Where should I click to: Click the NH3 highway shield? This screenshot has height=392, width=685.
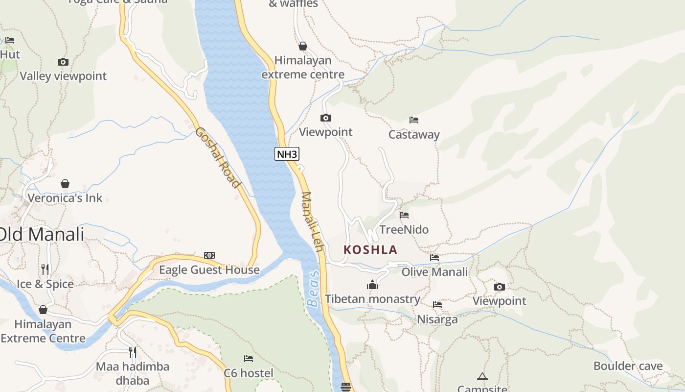point(287,154)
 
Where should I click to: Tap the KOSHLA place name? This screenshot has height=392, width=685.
point(370,250)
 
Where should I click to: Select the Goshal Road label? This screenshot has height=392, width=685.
point(218,157)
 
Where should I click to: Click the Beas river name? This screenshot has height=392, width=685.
point(313,289)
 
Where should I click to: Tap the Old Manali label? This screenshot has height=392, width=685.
point(42,234)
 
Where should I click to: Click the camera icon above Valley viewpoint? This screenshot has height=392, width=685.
point(63,62)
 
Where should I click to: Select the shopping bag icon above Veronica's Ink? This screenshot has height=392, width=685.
point(65,184)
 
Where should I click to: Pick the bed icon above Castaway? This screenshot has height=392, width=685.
point(414,120)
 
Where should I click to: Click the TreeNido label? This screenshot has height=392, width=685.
point(404,229)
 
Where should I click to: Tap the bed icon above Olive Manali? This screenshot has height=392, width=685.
point(434,257)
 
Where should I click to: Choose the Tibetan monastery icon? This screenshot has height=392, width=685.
point(372,285)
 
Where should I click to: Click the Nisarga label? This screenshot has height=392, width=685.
point(437,319)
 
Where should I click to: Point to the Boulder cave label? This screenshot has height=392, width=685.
point(628,366)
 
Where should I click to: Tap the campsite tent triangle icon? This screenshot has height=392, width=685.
point(482,376)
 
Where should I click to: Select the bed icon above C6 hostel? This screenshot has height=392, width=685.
point(249,359)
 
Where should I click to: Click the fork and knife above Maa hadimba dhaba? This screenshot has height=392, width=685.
point(132,352)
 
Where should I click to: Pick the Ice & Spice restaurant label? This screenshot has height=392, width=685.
point(45,284)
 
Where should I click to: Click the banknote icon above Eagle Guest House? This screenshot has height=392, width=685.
point(209,255)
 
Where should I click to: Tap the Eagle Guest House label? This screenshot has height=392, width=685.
point(209,270)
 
